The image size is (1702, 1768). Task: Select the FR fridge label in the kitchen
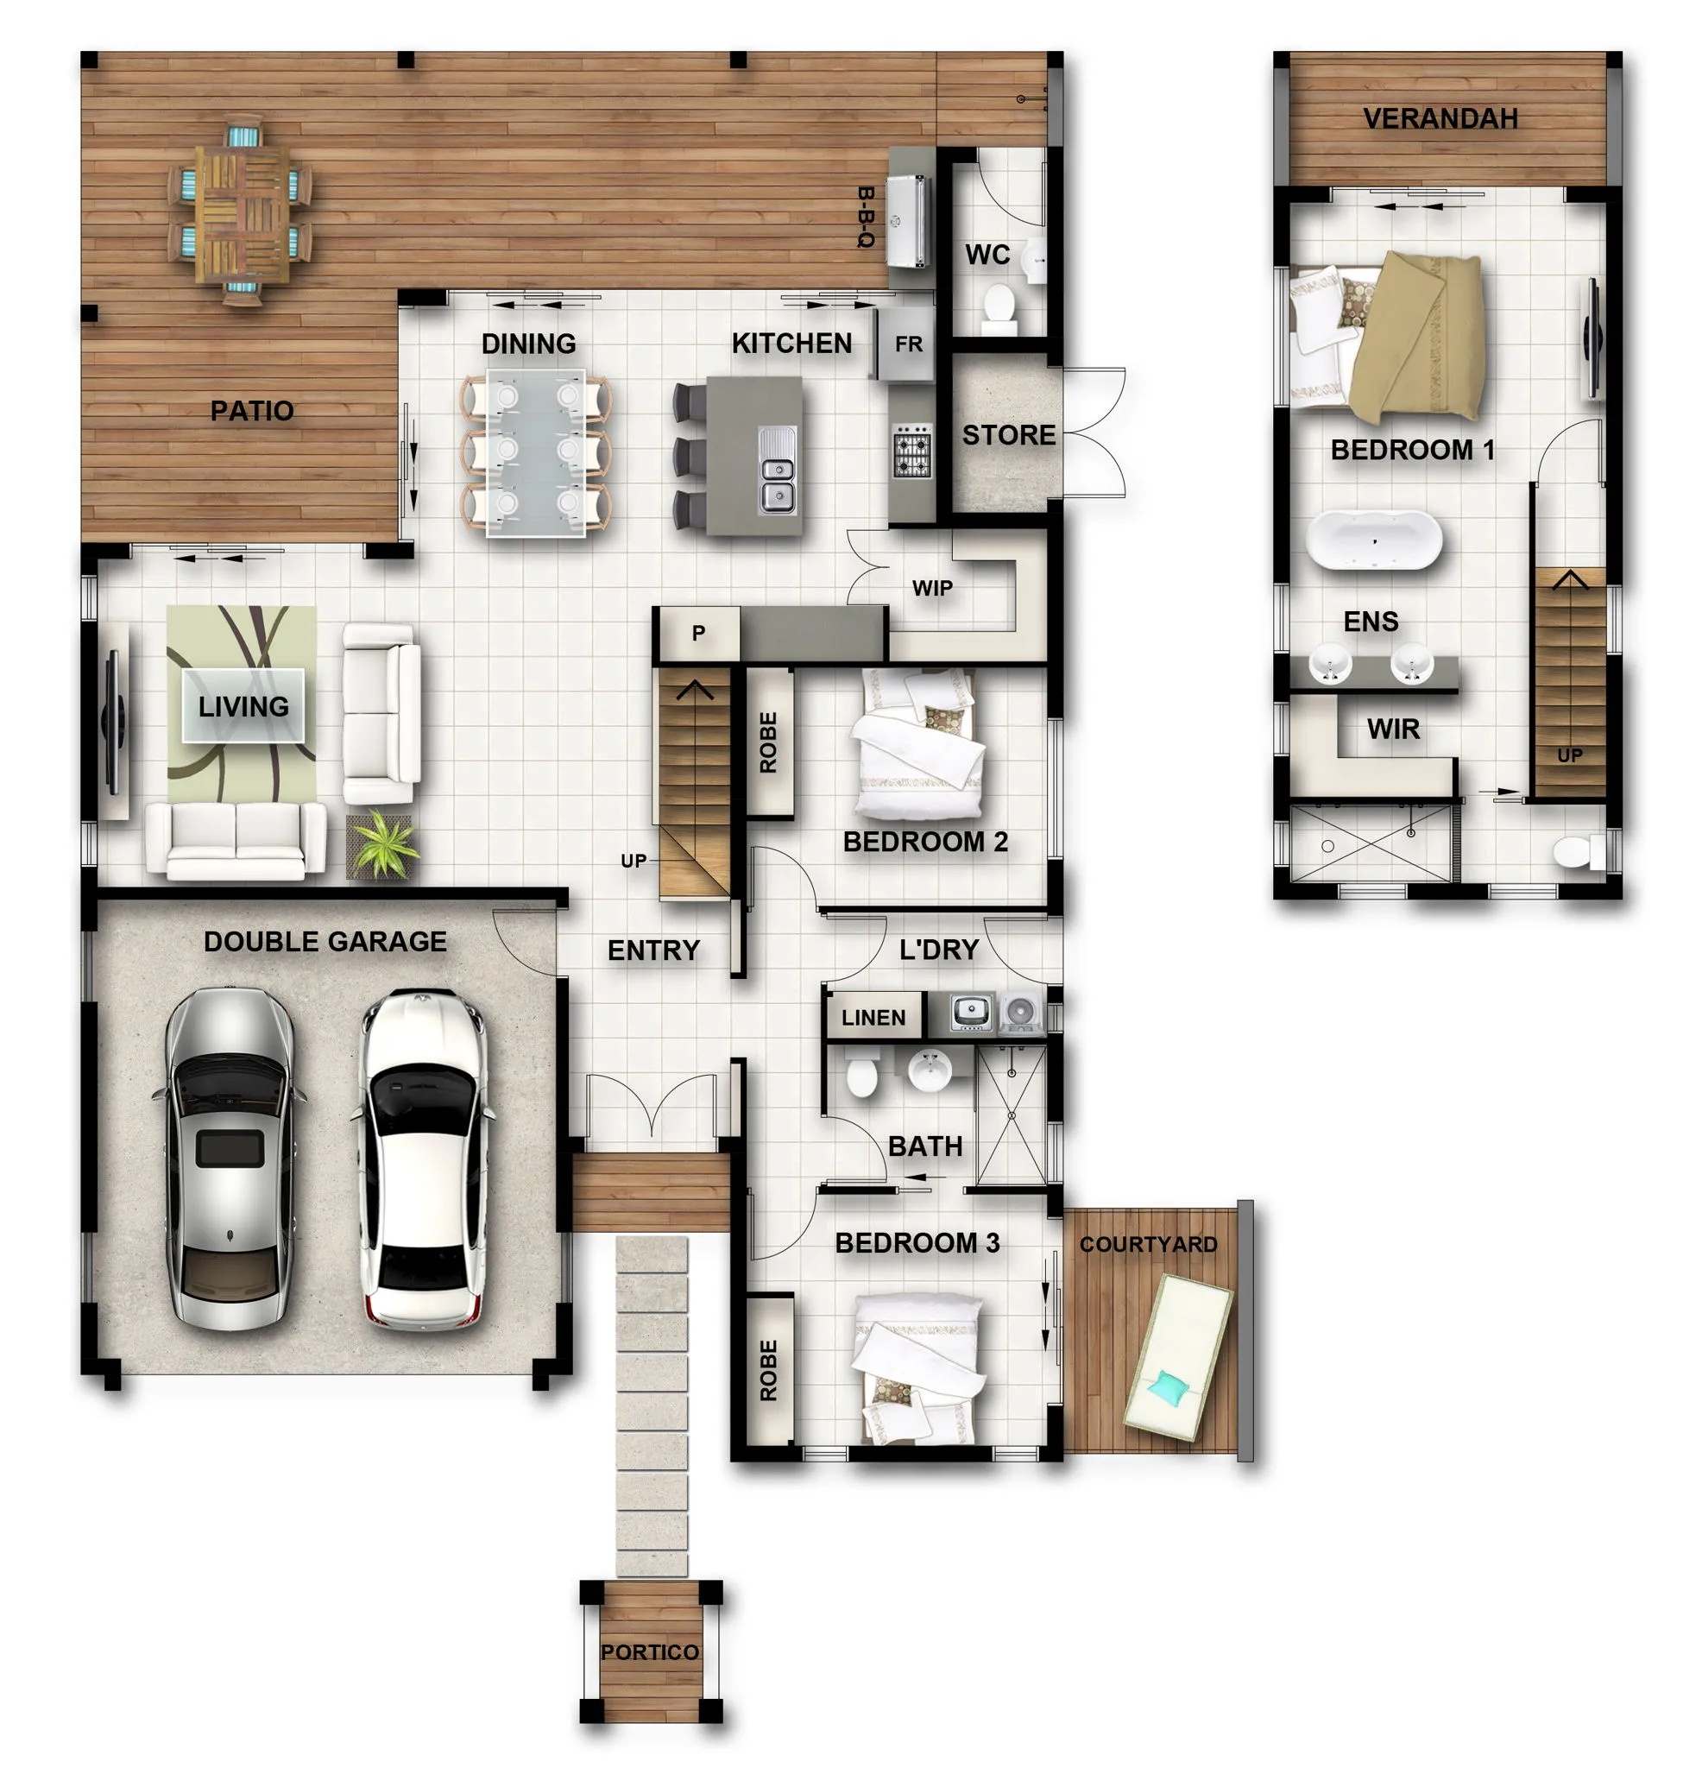(907, 344)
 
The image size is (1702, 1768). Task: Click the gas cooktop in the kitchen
(911, 449)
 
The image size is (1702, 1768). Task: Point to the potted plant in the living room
(381, 844)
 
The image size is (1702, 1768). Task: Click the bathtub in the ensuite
(1372, 540)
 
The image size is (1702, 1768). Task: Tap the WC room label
(987, 255)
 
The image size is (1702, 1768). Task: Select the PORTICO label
(649, 1651)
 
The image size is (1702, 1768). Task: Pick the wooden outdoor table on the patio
(242, 212)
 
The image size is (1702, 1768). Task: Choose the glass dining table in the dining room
(536, 453)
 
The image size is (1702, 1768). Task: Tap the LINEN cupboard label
(873, 1018)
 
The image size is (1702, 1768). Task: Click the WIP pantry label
(932, 588)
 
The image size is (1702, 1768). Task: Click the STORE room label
(1007, 435)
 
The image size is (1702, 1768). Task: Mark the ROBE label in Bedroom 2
(767, 742)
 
